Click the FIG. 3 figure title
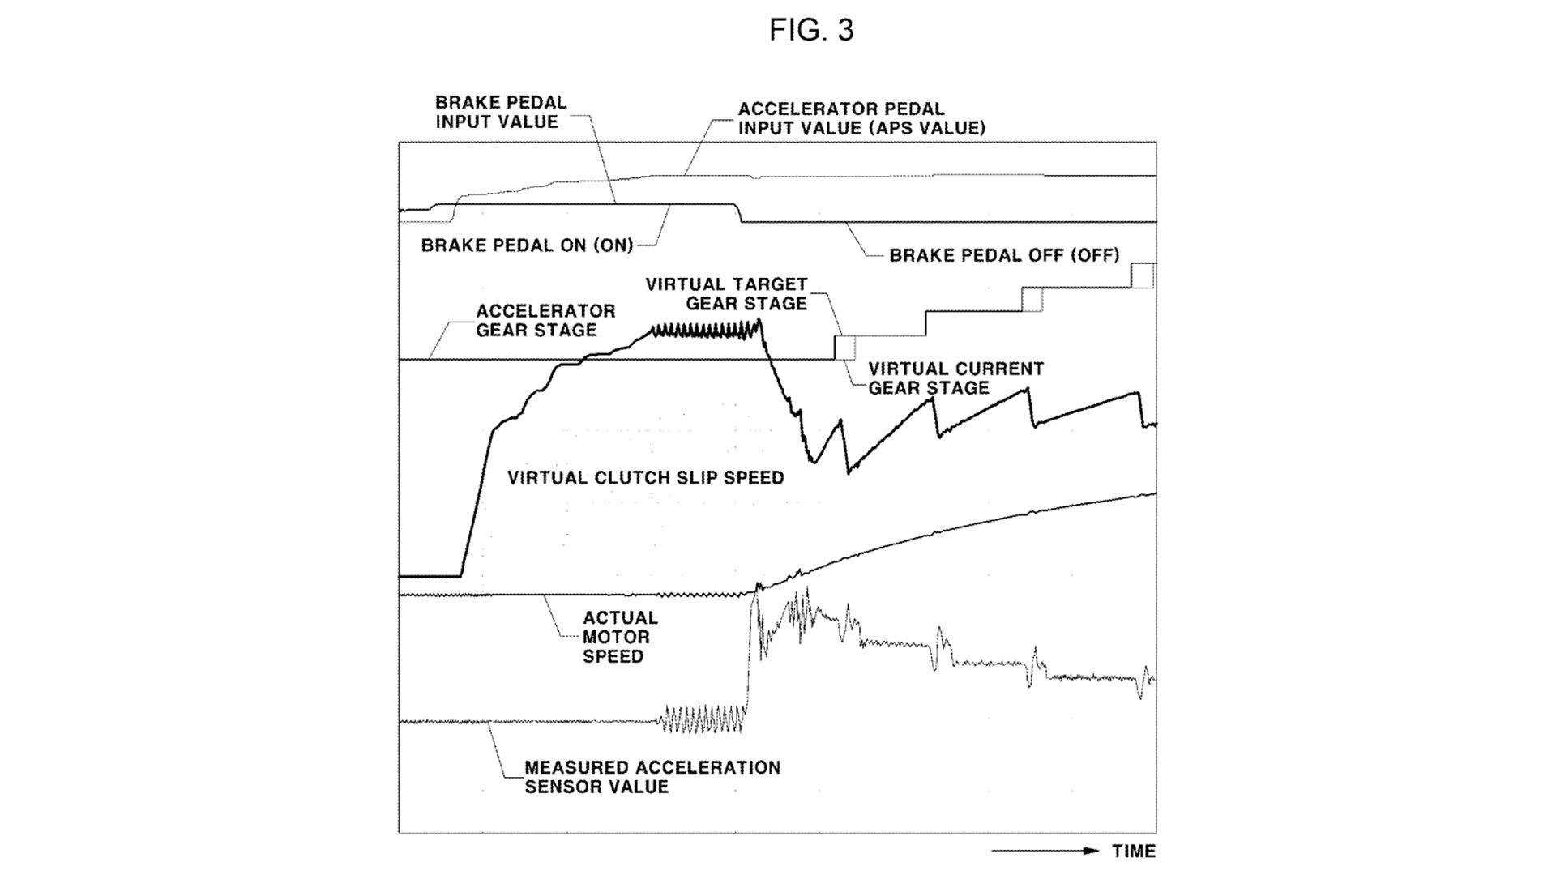pos(811,31)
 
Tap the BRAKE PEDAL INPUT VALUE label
pos(500,113)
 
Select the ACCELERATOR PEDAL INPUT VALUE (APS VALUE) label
pos(861,118)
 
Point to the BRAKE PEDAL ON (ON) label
pos(527,245)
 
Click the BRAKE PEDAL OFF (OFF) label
pos(1004,255)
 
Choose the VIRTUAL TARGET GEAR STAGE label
pos(727,294)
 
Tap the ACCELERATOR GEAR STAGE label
pos(545,321)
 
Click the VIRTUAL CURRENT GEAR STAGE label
pos(955,378)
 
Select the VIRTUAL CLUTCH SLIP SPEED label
pos(646,478)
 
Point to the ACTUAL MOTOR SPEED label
pos(620,637)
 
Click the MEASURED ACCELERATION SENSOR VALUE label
pos(652,777)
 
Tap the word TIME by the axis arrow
pos(1134,852)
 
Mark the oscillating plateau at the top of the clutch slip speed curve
pos(701,330)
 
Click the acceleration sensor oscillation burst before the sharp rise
pos(702,719)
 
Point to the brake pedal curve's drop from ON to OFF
pos(739,214)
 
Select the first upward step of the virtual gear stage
pos(836,348)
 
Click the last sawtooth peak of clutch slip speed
pos(1138,393)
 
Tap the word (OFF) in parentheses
pos(1095,255)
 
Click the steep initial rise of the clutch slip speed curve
pos(477,494)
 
